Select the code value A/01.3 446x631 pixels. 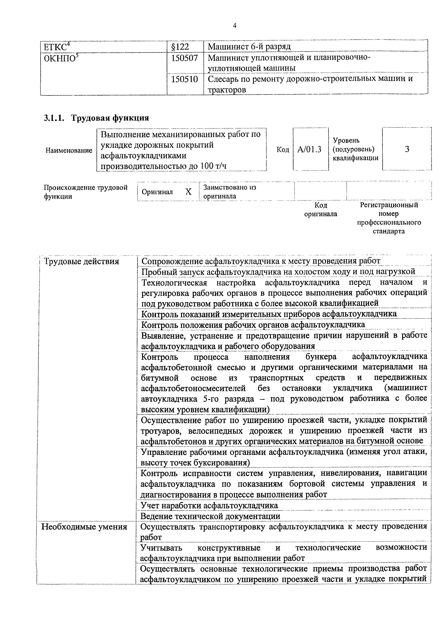[310, 149]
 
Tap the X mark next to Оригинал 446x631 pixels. [188, 192]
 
